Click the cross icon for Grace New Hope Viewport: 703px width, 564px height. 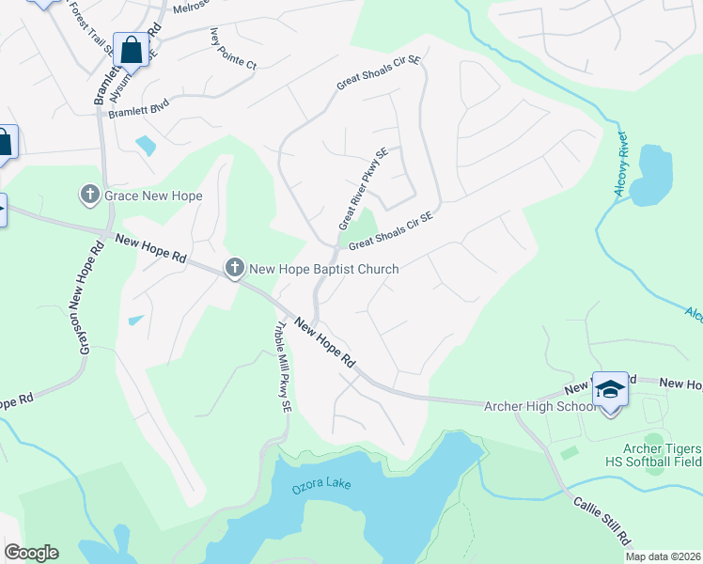tap(90, 195)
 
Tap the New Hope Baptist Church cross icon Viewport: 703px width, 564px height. tap(235, 269)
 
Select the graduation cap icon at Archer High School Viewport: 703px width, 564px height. tap(610, 388)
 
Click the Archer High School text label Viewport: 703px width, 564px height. tap(539, 406)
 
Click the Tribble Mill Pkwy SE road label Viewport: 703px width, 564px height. tap(280, 368)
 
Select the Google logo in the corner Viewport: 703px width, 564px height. tap(31, 552)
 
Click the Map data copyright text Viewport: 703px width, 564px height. tap(663, 556)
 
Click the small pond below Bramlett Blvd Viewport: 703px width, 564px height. tap(146, 146)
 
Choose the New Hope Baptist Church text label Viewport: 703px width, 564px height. tap(324, 270)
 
